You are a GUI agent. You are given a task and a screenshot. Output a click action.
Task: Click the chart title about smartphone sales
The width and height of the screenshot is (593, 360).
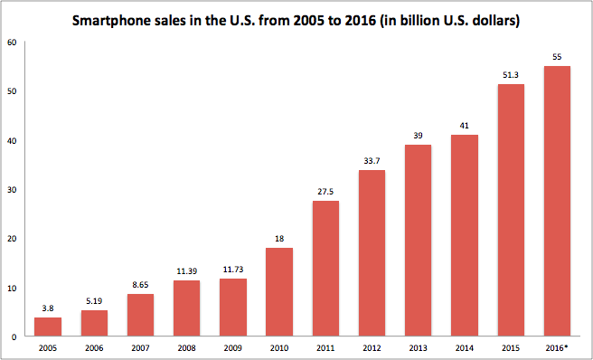[296, 21]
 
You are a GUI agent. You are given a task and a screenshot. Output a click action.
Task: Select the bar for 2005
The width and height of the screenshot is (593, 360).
[48, 327]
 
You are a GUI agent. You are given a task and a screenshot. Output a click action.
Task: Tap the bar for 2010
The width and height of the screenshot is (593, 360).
[279, 292]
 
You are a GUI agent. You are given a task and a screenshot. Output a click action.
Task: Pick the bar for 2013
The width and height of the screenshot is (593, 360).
[418, 241]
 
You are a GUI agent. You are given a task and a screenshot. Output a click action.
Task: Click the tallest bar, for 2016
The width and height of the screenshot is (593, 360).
[557, 201]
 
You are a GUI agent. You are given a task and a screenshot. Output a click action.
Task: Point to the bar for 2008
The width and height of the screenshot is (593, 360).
[186, 308]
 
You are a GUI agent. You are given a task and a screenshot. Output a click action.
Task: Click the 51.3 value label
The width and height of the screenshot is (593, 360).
[511, 75]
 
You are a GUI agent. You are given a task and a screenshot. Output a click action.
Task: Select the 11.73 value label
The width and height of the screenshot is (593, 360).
[233, 270]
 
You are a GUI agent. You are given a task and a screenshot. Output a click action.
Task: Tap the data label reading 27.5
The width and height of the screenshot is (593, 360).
[325, 192]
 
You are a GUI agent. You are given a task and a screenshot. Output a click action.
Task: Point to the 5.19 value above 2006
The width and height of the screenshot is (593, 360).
[94, 301]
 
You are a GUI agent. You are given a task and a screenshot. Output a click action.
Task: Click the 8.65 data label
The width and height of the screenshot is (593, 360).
[140, 285]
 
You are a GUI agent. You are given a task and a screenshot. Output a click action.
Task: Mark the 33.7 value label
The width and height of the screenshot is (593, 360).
[372, 161]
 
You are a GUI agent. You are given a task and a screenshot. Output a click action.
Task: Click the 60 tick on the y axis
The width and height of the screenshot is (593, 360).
[12, 42]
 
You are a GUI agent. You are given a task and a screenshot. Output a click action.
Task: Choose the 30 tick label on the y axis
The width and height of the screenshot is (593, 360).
[12, 189]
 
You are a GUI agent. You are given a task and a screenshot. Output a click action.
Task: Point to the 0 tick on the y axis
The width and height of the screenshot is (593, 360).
[14, 336]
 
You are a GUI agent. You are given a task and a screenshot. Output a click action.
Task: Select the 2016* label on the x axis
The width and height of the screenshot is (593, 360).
[557, 348]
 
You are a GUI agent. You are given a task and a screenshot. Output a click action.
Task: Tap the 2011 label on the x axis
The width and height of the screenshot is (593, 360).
[325, 348]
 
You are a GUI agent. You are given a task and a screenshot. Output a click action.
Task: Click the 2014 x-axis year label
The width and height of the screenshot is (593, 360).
[465, 348]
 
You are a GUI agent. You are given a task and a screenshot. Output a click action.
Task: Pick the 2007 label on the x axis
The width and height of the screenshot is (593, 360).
[140, 348]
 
